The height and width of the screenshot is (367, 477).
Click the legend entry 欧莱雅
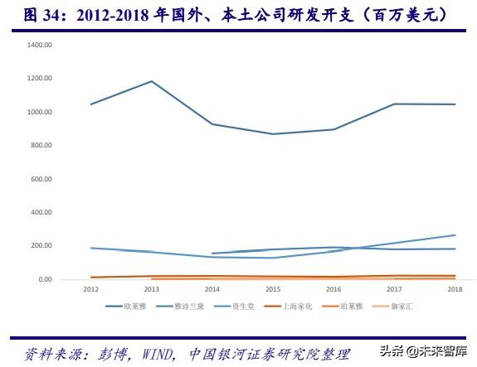132,307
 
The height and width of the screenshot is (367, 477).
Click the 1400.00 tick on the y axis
41,45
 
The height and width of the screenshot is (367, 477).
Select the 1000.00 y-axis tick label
41,112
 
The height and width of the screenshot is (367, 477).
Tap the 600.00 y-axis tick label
42,179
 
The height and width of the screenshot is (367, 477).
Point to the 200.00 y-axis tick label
42,246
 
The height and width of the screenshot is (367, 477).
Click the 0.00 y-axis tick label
46,280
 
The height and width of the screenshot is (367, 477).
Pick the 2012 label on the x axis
90,289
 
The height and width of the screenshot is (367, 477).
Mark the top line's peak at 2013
151,81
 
